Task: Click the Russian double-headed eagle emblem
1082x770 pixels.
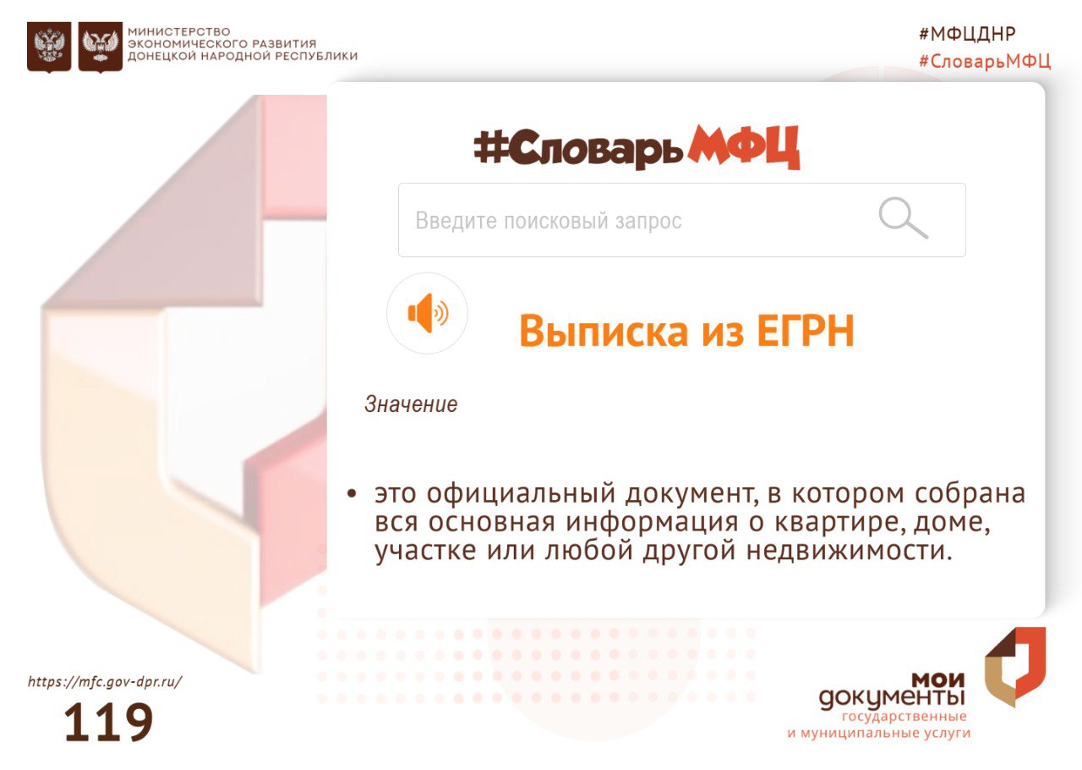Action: pos(49,47)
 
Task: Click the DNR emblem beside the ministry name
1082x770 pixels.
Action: pos(101,47)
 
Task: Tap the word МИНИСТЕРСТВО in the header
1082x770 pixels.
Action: pos(178,32)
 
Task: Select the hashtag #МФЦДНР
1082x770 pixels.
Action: pos(967,34)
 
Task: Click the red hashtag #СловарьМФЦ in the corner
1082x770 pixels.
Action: pos(985,62)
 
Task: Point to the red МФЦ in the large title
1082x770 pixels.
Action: pos(744,147)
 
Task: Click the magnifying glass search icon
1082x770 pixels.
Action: pos(903,217)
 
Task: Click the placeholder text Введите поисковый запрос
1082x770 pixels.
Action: pos(549,221)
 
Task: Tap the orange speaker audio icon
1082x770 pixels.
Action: pos(428,313)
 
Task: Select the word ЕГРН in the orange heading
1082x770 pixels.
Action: pos(806,331)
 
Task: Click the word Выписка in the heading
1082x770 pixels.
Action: pos(604,331)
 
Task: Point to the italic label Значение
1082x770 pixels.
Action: pos(411,404)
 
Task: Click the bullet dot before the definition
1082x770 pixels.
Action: pos(352,494)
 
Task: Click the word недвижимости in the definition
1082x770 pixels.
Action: pos(850,550)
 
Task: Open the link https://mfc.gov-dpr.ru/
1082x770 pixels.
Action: pos(105,682)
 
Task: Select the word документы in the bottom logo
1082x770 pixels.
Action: pos(892,698)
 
